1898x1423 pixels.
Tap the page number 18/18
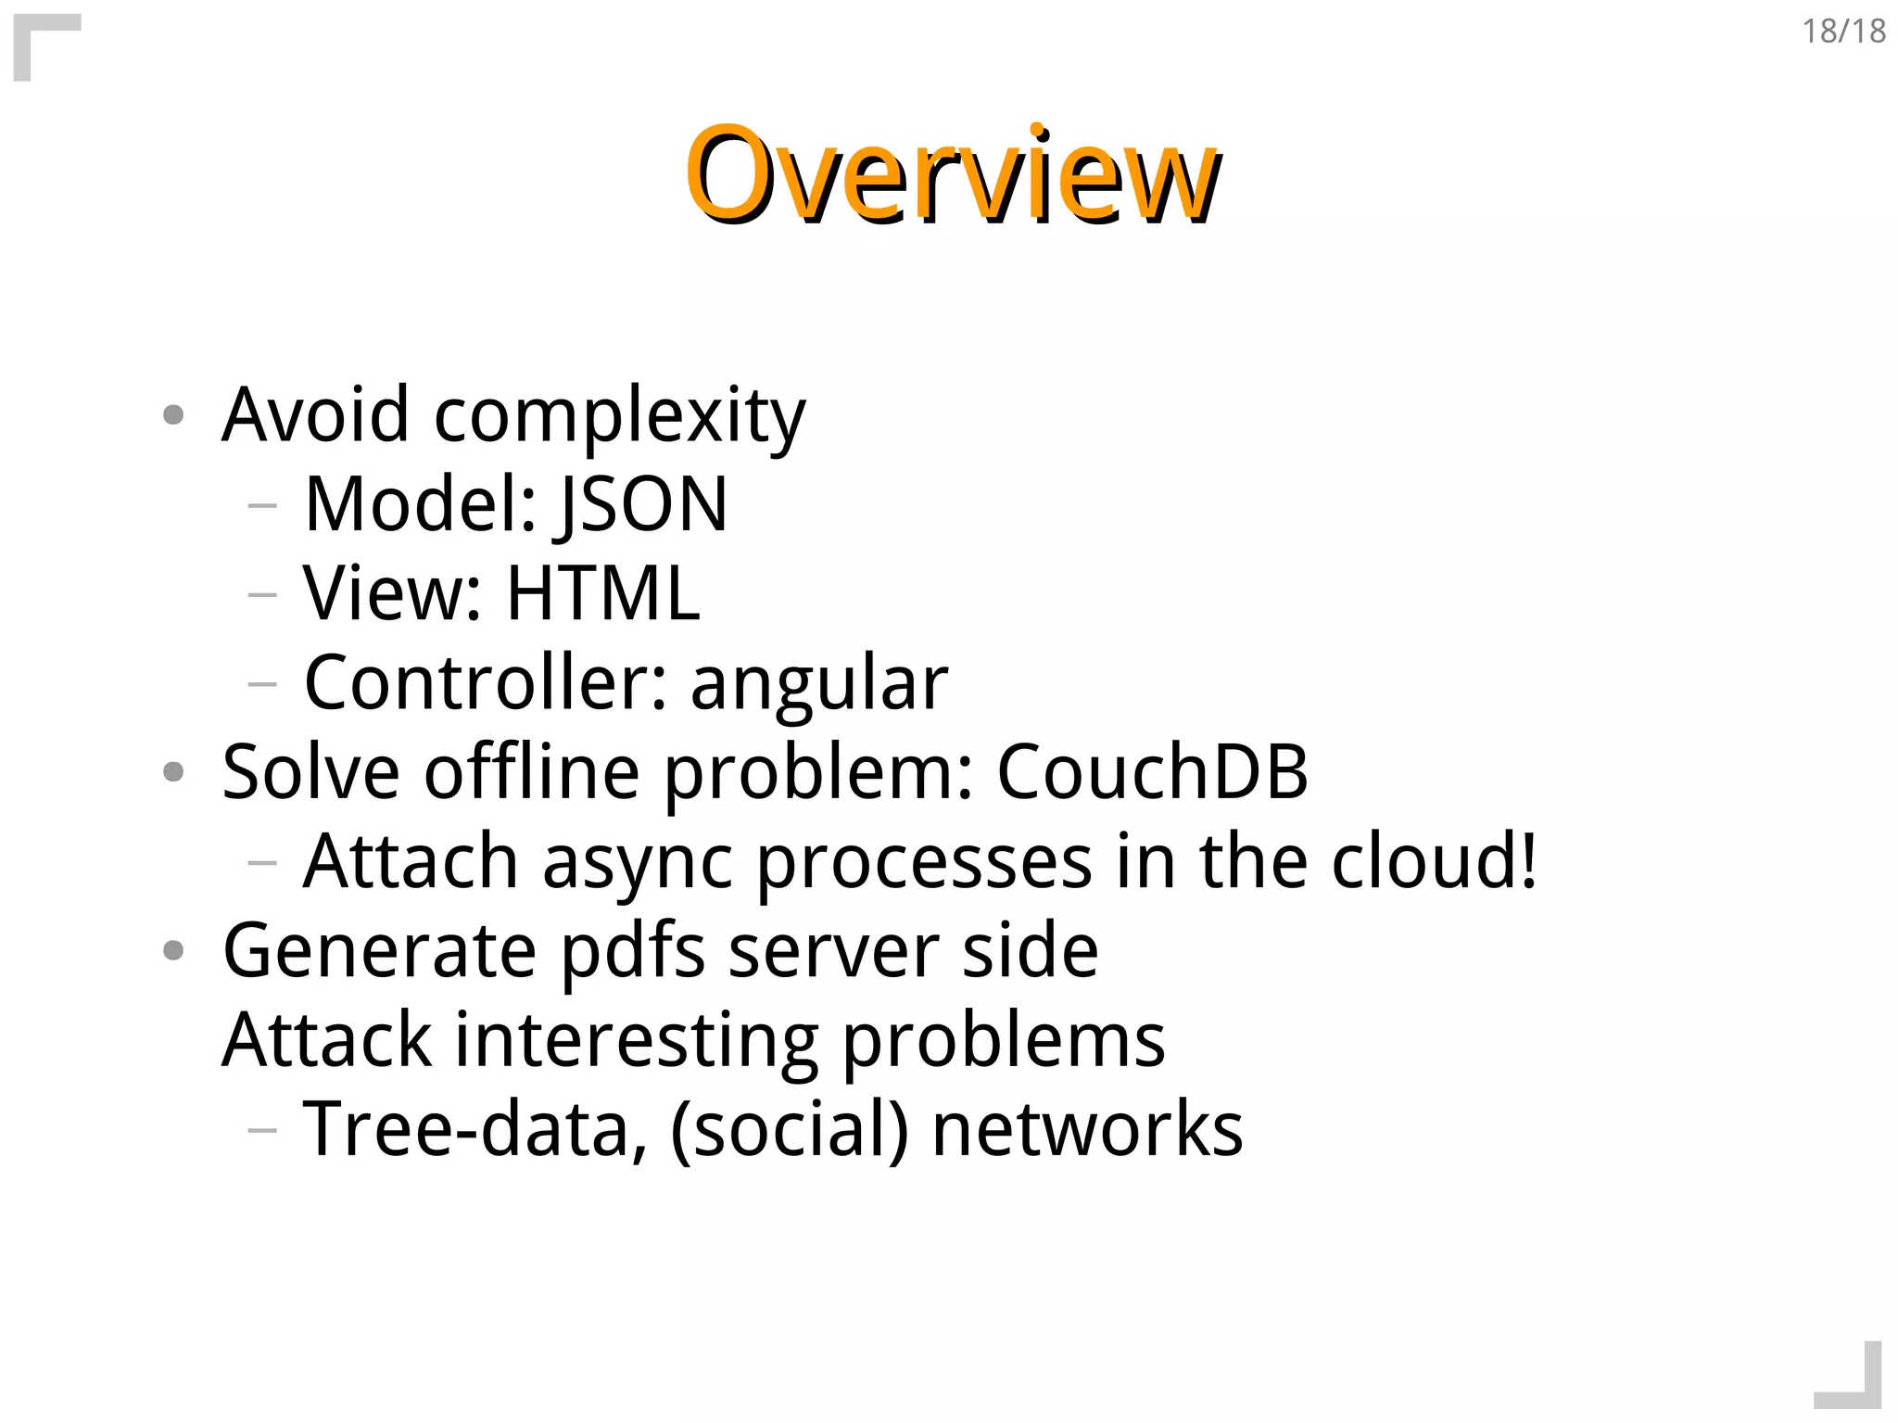[x=1842, y=32]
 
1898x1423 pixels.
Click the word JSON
[x=643, y=504]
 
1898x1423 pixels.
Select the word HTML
[x=602, y=593]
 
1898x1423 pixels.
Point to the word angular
[x=819, y=684]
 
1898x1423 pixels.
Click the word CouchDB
[x=1151, y=772]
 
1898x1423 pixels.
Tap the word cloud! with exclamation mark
[x=1434, y=861]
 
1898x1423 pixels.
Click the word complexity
[x=619, y=416]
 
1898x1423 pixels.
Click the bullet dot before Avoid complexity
[x=173, y=414]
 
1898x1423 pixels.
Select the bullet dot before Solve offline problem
[x=173, y=771]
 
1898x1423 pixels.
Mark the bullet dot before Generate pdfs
[x=173, y=950]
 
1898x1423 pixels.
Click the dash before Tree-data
[x=263, y=1129]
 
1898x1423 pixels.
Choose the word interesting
[x=637, y=1041]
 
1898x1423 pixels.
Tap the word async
[x=638, y=862]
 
